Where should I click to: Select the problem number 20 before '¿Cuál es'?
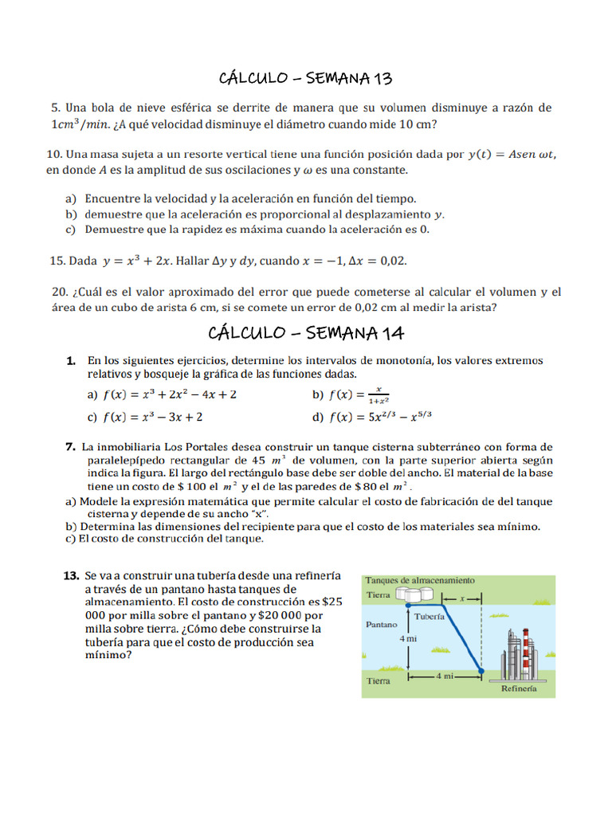coord(57,292)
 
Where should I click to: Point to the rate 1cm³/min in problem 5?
coord(83,124)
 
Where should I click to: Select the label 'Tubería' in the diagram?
coord(430,617)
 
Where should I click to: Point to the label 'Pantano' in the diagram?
coord(381,625)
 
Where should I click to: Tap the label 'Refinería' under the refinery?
coord(518,689)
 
